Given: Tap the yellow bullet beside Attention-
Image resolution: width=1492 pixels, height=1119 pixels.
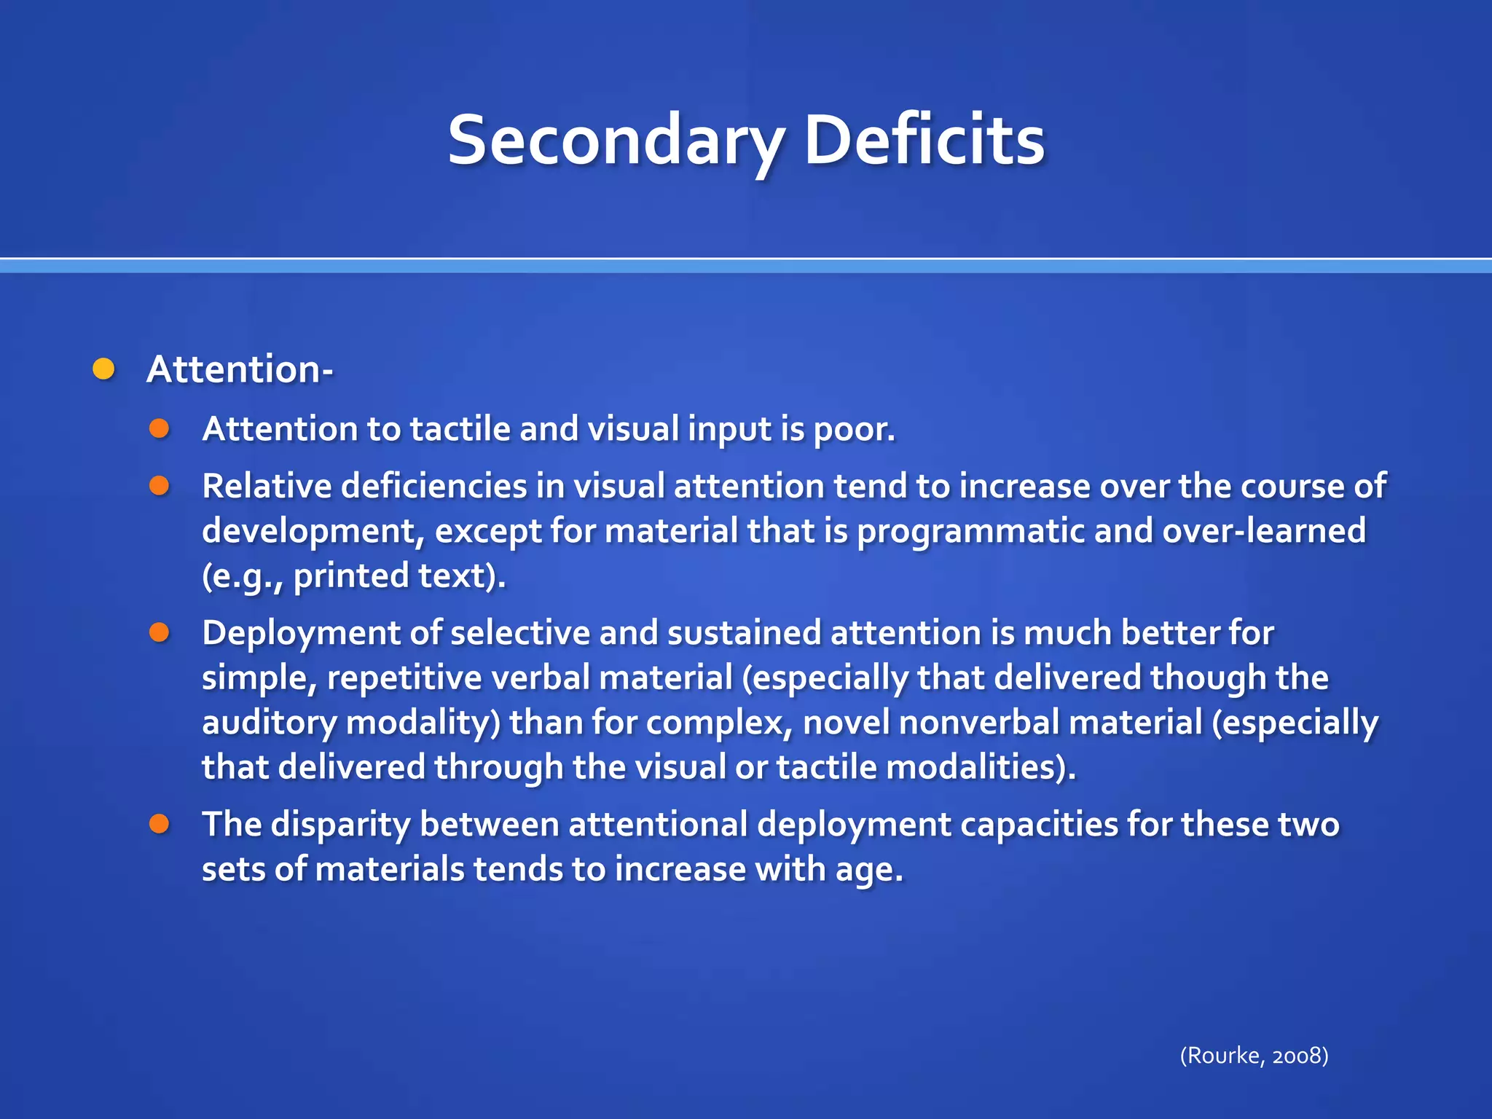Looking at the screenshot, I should tap(104, 369).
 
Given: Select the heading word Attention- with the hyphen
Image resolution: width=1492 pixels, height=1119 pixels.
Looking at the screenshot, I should tap(240, 369).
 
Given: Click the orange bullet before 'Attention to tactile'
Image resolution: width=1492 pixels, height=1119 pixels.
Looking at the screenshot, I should tap(160, 428).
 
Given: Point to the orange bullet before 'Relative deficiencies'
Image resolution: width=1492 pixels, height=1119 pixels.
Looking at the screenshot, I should tap(160, 486).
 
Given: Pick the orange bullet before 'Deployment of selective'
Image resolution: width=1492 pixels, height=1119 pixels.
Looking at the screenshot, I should tap(160, 632).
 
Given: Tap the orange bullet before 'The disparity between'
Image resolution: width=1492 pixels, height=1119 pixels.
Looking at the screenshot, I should tap(160, 824).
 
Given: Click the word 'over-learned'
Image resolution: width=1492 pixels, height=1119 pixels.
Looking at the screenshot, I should tap(1264, 530).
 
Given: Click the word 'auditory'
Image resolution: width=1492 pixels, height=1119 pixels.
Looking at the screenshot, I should tap(270, 723).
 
